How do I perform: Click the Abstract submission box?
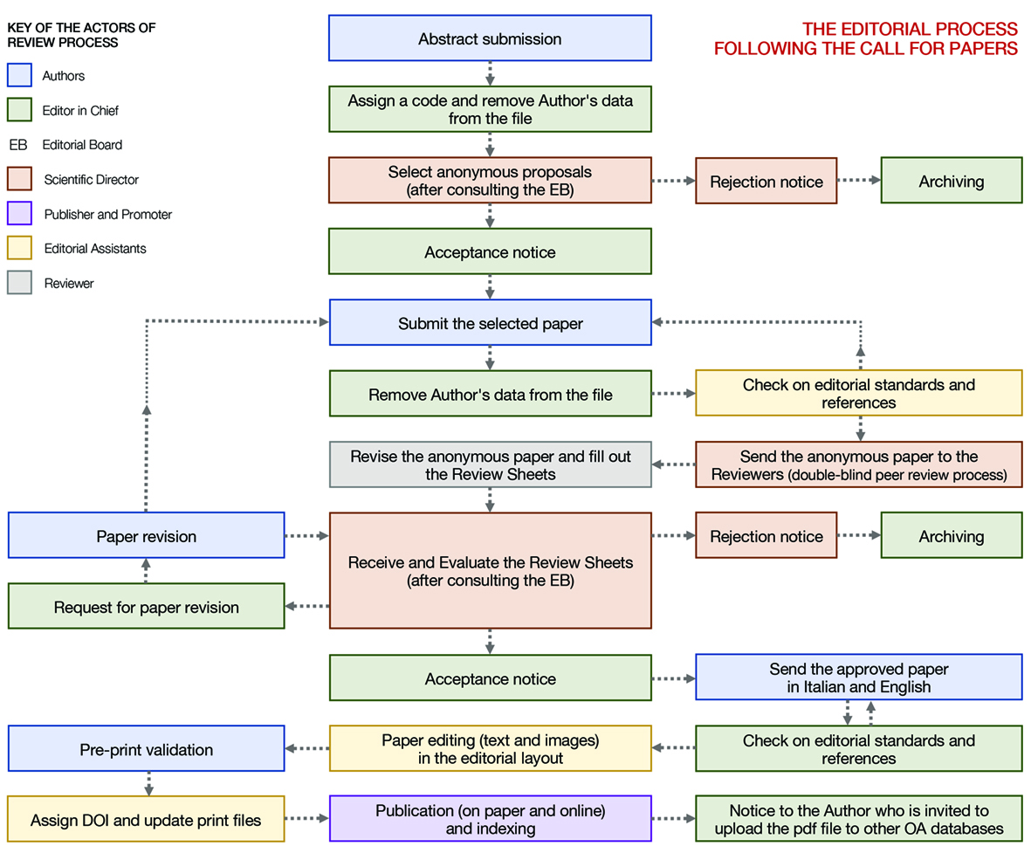coord(490,38)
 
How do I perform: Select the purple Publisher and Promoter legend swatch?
coord(19,214)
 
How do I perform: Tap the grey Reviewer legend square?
coord(19,283)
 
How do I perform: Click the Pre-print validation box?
coord(146,749)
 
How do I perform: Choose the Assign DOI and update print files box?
coord(146,820)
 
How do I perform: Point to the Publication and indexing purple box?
coord(490,819)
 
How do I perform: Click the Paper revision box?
coord(146,536)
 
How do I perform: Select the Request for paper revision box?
coord(146,607)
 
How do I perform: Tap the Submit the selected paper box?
coord(490,323)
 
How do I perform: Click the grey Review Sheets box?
coord(490,464)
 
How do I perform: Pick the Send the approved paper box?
coord(858,678)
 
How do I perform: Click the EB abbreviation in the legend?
coord(18,145)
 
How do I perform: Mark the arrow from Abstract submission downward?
coord(490,72)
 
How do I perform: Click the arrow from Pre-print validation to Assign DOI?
coord(148,783)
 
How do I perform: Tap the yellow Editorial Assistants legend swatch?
coord(19,249)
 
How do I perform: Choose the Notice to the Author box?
coord(858,819)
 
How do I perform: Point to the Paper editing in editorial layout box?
coord(490,749)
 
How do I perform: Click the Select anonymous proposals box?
coord(490,181)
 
